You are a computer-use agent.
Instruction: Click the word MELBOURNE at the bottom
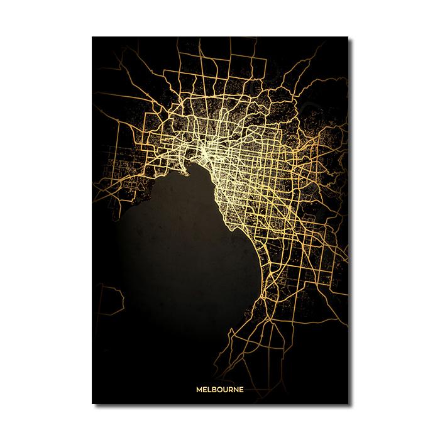click(219, 389)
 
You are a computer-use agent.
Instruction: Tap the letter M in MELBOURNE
click(199, 389)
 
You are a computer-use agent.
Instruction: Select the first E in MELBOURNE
click(205, 389)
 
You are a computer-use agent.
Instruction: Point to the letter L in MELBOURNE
click(210, 389)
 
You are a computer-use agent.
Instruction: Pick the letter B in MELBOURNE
click(215, 389)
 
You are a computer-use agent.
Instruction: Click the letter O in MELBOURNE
click(221, 389)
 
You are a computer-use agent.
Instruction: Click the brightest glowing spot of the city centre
click(207, 151)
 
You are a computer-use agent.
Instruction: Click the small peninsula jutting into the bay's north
click(187, 167)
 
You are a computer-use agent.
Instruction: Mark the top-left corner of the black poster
click(92, 37)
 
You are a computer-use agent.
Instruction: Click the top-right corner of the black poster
click(348, 37)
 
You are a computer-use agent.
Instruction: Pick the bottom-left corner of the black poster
click(92, 403)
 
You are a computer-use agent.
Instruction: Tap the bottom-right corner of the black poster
click(348, 403)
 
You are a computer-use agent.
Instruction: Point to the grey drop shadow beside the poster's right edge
click(350, 220)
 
